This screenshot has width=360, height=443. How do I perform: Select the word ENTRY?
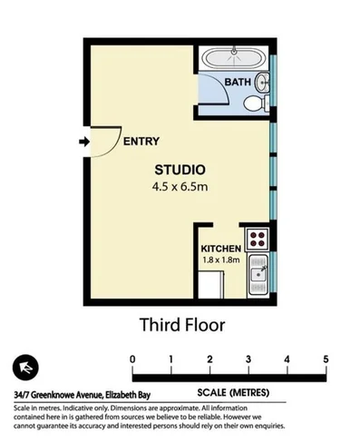point(141,141)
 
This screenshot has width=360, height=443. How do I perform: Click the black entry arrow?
point(83,142)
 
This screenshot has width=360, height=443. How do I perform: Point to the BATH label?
point(238,83)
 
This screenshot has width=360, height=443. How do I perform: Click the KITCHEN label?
point(220,248)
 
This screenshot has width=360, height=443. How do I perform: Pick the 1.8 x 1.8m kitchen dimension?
point(220,260)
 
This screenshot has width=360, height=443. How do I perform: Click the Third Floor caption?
point(180,323)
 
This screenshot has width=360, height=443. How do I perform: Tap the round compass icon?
point(26,368)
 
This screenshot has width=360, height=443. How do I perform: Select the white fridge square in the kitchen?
point(213,285)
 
